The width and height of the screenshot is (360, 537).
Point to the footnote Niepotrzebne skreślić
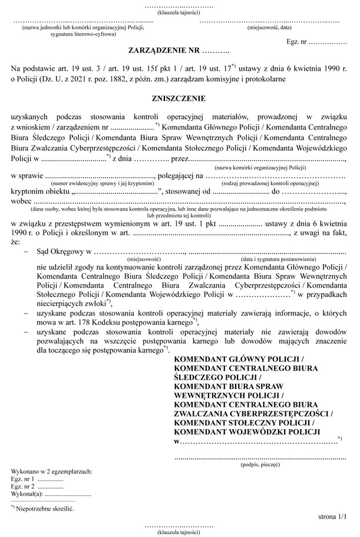46,507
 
